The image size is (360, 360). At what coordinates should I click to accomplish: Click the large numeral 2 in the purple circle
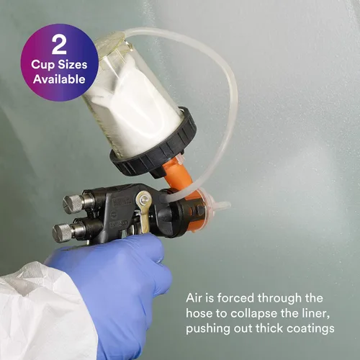point(59,45)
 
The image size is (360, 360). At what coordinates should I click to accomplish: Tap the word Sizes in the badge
point(73,65)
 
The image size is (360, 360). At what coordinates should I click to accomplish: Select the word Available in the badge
point(59,79)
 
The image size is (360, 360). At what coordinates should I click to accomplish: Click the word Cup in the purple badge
point(43,66)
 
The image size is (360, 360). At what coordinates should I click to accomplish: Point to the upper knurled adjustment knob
point(74,204)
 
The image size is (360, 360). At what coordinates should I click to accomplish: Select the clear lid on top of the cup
point(110,38)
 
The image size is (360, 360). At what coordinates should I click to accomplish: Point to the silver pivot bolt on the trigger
point(145,199)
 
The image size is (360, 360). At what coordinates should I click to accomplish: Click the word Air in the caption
point(194,298)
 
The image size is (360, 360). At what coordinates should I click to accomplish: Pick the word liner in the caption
point(317,313)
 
